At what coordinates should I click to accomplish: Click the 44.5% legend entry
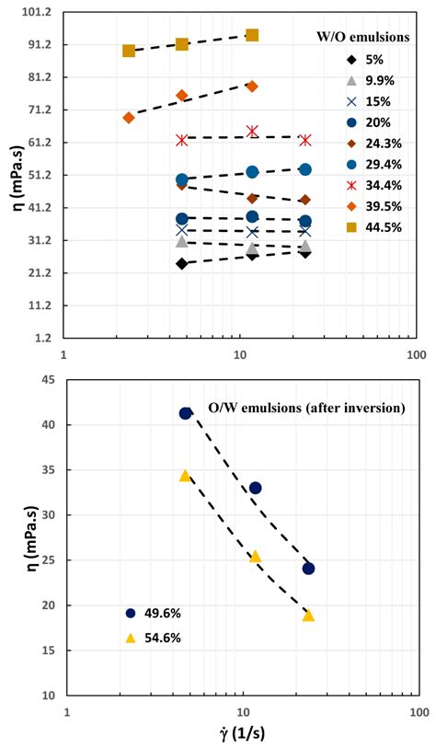click(x=375, y=227)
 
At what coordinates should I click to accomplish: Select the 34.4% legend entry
click(x=375, y=185)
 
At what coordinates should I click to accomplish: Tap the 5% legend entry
click(x=366, y=60)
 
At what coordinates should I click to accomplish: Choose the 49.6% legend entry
click(x=153, y=614)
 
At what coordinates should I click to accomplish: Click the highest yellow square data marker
click(x=252, y=35)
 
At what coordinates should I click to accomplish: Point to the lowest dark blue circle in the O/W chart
click(x=308, y=569)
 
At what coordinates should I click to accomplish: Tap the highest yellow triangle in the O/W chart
click(x=185, y=476)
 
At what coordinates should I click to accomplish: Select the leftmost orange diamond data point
click(x=129, y=118)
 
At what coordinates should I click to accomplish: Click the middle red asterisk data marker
click(x=252, y=132)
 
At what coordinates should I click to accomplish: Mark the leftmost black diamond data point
click(x=181, y=263)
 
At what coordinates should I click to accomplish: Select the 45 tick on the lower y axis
click(x=50, y=380)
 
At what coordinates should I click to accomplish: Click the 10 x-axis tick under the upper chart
click(x=240, y=355)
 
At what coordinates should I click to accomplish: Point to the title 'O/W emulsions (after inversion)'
click(x=306, y=409)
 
